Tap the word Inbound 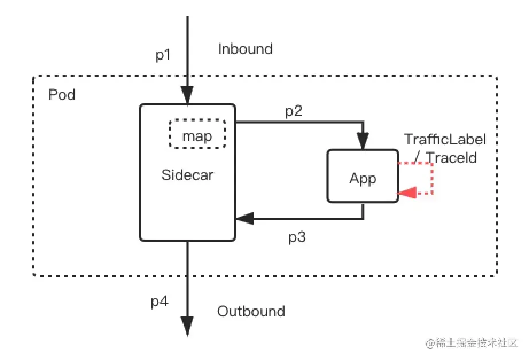pos(245,49)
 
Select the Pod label pos(62,94)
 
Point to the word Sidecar pos(188,175)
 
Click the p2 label pos(294,111)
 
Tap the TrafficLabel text pos(445,139)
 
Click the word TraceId pos(451,157)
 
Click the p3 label pos(297,237)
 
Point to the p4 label pos(160,302)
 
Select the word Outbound pos(251,311)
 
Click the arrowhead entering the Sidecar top pos(187,94)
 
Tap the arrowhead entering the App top pos(363,140)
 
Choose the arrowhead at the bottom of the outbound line pos(187,326)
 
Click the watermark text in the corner pos(472,343)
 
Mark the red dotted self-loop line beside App pos(431,178)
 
